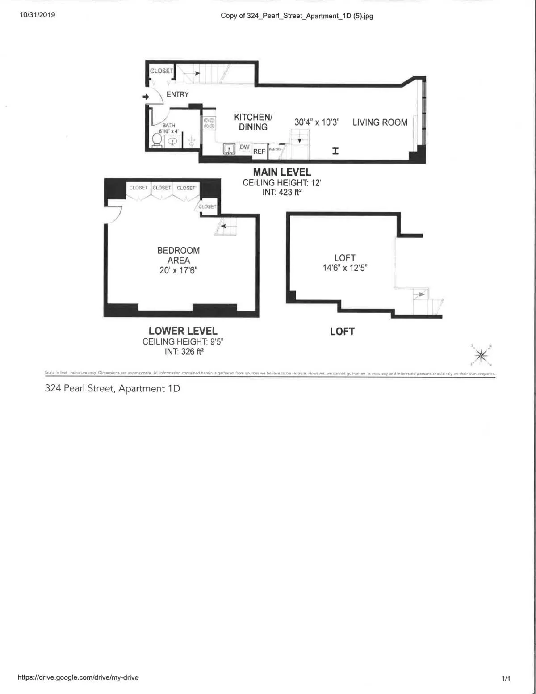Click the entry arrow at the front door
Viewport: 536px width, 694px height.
(x=146, y=97)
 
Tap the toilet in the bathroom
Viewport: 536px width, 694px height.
(x=157, y=140)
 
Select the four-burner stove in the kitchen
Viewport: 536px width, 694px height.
(x=209, y=123)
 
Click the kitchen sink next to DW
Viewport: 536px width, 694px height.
(x=229, y=149)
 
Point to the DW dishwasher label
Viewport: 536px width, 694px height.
(x=245, y=147)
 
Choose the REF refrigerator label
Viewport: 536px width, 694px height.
(x=259, y=151)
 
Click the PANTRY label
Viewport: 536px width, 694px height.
(x=275, y=149)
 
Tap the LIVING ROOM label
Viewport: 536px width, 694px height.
(x=380, y=122)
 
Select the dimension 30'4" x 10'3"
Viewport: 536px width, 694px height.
(x=317, y=122)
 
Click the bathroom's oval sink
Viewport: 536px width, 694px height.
(x=172, y=142)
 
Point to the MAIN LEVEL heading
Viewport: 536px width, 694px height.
(x=282, y=172)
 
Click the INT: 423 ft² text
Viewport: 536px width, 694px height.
(x=282, y=192)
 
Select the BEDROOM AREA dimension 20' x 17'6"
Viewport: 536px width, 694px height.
(x=178, y=270)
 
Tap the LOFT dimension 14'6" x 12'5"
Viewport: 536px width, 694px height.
(x=345, y=268)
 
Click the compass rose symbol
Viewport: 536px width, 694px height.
(x=481, y=355)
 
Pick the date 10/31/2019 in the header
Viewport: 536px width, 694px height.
(x=38, y=15)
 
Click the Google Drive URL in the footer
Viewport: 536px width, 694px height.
(x=78, y=677)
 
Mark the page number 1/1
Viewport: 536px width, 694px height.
(x=506, y=678)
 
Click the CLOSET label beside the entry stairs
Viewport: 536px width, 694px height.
(x=161, y=71)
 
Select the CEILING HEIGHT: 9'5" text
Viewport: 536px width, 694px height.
(x=183, y=341)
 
